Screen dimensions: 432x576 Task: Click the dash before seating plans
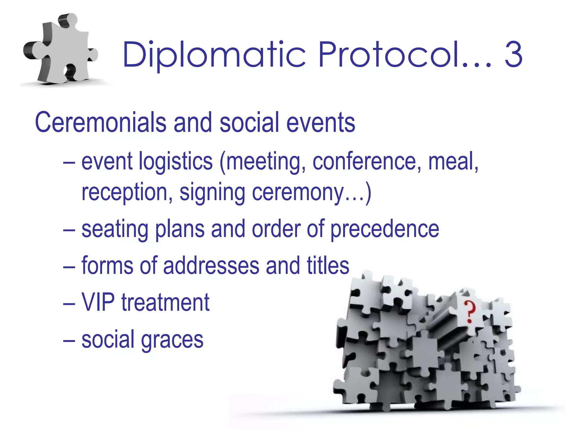click(x=69, y=230)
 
